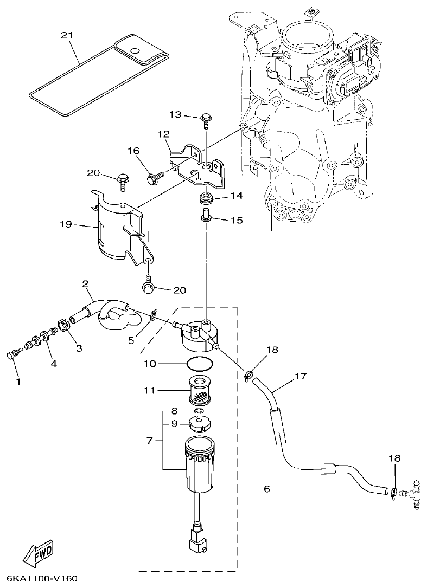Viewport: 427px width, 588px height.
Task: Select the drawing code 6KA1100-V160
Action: pyautogui.click(x=39, y=578)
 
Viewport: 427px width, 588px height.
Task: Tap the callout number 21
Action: pyautogui.click(x=66, y=35)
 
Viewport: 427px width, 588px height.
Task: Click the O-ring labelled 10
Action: pyautogui.click(x=198, y=363)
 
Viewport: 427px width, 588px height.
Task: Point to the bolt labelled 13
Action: pyautogui.click(x=206, y=119)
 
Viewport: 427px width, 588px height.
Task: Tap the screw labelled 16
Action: pyautogui.click(x=153, y=176)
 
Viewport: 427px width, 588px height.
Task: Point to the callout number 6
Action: pyautogui.click(x=266, y=489)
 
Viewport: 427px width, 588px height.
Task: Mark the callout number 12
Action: pyautogui.click(x=164, y=134)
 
